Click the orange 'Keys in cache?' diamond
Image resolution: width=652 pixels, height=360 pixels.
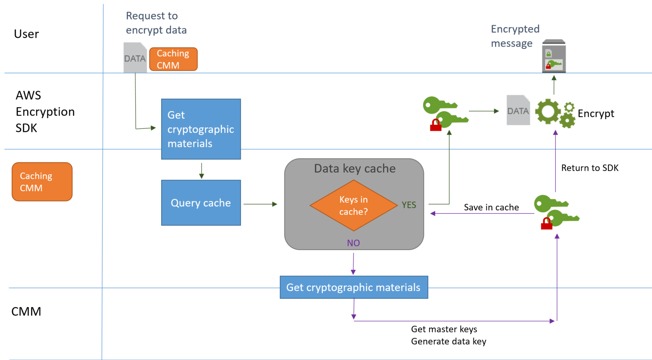click(353, 205)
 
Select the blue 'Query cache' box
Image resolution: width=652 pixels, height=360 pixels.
click(201, 203)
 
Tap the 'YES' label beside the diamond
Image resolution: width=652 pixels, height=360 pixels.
click(409, 205)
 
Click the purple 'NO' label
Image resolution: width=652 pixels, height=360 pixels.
click(353, 243)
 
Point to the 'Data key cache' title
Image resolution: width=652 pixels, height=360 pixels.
click(354, 168)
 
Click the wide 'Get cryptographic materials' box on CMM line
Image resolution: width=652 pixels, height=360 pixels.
click(354, 287)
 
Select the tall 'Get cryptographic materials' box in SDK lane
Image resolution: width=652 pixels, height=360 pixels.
click(201, 129)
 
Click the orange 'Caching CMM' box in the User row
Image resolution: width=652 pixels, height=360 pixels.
click(173, 59)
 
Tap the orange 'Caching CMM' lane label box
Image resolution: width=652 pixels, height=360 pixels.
click(42, 182)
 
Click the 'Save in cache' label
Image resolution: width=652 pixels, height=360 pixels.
click(491, 207)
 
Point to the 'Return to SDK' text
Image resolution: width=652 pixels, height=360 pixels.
click(589, 168)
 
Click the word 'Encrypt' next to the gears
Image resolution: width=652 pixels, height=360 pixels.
click(596, 114)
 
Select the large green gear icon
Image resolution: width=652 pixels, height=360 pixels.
click(548, 112)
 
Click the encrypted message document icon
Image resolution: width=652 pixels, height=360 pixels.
click(554, 56)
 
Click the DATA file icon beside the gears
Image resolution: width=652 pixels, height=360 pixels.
click(518, 110)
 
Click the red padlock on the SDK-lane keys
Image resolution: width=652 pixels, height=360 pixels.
click(436, 126)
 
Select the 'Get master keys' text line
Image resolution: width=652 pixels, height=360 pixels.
click(444, 329)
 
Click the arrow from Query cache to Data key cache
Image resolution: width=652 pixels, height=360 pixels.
click(260, 204)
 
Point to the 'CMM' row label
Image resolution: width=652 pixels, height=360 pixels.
click(26, 311)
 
